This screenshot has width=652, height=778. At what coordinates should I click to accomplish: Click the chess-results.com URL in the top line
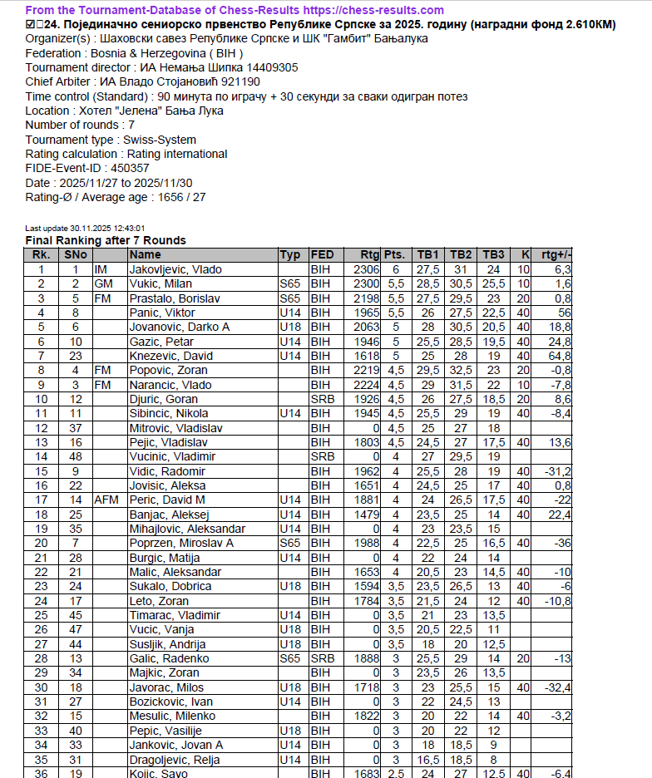point(358,10)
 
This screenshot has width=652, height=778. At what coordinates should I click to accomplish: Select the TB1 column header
point(428,254)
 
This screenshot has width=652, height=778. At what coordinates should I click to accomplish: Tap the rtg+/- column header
point(556,254)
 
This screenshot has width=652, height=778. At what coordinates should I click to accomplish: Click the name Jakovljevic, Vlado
point(175,269)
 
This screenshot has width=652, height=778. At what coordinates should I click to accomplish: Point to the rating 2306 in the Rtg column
point(366,269)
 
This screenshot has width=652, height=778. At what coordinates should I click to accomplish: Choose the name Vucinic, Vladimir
point(172,456)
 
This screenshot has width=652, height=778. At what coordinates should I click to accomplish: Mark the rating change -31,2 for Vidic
point(557,471)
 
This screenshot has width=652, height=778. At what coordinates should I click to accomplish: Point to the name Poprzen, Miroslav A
point(181,543)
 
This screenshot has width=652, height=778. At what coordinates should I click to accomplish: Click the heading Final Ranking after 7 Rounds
point(106,240)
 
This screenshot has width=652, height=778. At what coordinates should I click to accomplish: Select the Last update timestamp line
point(86,228)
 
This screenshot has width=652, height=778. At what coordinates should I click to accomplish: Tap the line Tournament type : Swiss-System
point(111,140)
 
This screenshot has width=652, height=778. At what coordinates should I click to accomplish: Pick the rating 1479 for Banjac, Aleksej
point(366,515)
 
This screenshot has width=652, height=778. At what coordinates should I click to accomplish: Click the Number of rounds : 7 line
point(85,126)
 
